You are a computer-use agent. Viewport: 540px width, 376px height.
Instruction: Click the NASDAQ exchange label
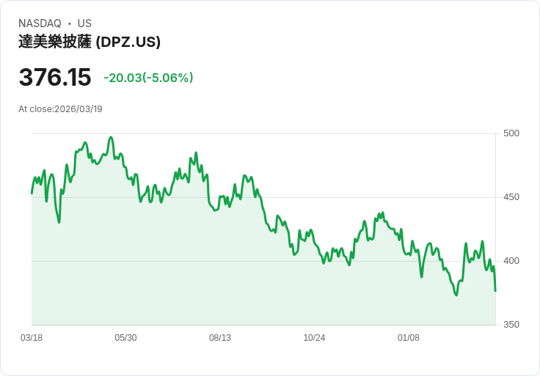tap(40, 23)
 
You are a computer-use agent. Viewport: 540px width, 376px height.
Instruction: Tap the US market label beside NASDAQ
tap(84, 23)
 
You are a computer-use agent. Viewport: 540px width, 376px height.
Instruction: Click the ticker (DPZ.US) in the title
tap(128, 42)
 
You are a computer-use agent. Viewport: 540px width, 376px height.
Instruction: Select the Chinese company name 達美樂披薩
tap(55, 42)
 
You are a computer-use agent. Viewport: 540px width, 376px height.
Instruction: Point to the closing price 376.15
tap(55, 77)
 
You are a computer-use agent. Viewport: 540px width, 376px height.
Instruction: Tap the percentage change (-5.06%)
tap(168, 78)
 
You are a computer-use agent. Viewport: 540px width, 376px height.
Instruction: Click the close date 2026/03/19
tap(79, 109)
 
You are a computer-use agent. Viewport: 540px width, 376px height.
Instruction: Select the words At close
tap(35, 109)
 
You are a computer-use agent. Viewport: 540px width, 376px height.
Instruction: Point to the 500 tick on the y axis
tap(511, 133)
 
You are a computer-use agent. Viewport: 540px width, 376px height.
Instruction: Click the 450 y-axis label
tap(511, 197)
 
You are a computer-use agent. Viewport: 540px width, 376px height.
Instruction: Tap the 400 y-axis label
tap(511, 261)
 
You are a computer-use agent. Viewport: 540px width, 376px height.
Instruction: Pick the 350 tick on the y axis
tap(511, 325)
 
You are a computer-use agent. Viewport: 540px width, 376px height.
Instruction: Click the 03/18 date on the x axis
tap(32, 338)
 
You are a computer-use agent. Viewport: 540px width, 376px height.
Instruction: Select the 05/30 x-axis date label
tap(125, 338)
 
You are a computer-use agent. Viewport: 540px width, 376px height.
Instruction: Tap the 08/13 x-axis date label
tap(220, 338)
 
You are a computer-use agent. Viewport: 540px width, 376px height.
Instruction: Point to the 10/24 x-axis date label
tap(314, 338)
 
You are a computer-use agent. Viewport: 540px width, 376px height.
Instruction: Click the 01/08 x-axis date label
tap(409, 338)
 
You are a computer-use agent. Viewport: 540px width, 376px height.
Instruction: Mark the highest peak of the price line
tap(111, 137)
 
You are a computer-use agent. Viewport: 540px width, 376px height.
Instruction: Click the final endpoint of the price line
tap(495, 291)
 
